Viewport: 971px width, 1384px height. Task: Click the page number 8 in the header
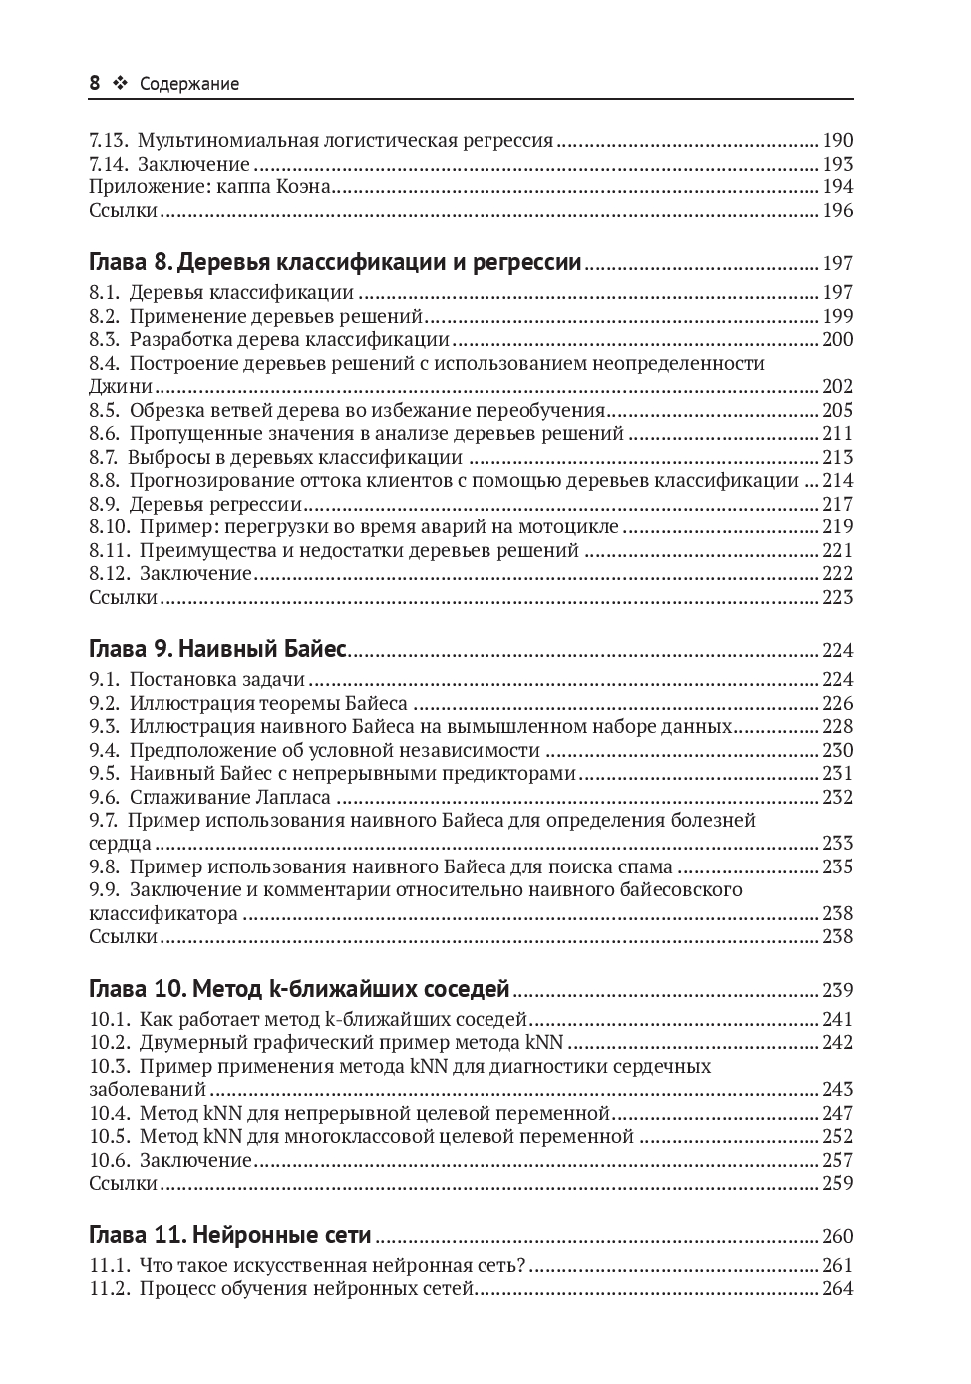pyautogui.click(x=94, y=84)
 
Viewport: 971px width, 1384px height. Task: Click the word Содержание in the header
pyautogui.click(x=189, y=85)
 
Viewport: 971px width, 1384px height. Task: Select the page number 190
pyautogui.click(x=837, y=141)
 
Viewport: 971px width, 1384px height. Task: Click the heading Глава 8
pyautogui.click(x=131, y=263)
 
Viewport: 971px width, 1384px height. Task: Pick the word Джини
pyautogui.click(x=121, y=387)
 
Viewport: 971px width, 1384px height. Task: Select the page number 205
pyautogui.click(x=837, y=411)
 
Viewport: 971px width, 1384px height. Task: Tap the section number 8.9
pyautogui.click(x=104, y=505)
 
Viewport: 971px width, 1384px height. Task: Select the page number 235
pyautogui.click(x=837, y=867)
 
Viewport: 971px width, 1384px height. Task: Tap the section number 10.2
pyautogui.click(x=109, y=1043)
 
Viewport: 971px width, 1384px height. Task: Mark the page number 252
pyautogui.click(x=837, y=1137)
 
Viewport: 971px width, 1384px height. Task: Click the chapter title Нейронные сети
pyautogui.click(x=281, y=1236)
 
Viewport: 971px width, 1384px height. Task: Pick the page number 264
pyautogui.click(x=837, y=1290)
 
